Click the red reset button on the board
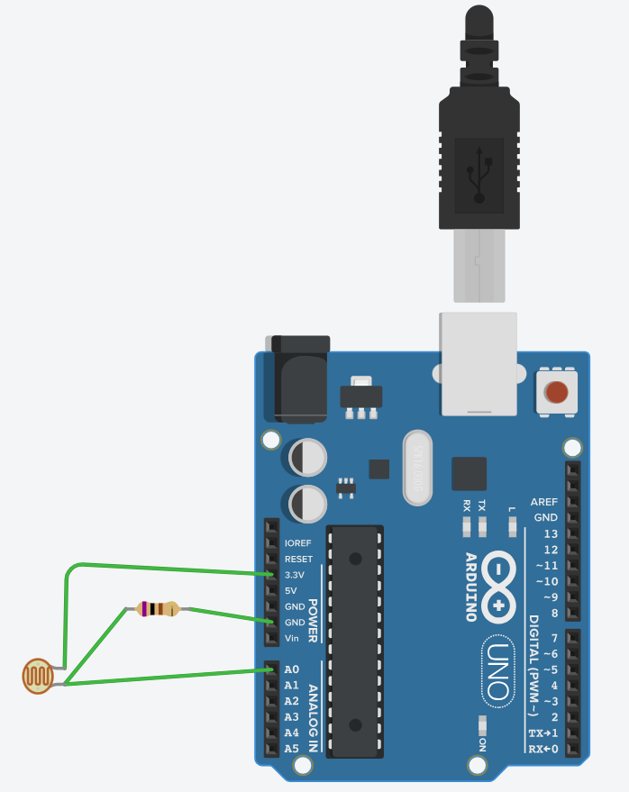point(557,393)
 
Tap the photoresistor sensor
point(38,677)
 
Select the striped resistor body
point(157,609)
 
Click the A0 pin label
point(291,669)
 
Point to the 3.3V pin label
point(294,575)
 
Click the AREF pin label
point(543,502)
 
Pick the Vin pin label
point(291,638)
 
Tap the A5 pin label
point(291,748)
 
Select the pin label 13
point(551,533)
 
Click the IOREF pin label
point(297,543)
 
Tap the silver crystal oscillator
point(415,467)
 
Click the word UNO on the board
point(497,670)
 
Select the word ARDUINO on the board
point(470,587)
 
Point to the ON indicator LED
point(483,724)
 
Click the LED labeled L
point(512,527)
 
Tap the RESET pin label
point(298,560)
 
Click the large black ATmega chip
point(355,641)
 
